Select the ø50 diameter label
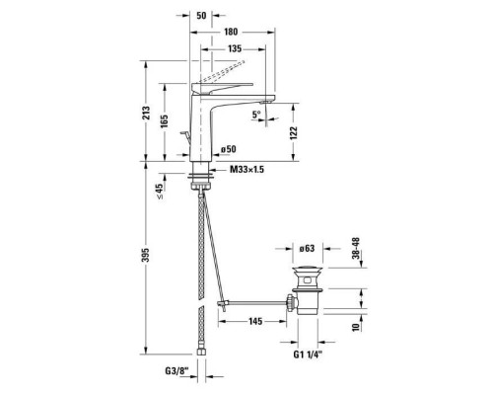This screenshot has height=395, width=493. [229, 149]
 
